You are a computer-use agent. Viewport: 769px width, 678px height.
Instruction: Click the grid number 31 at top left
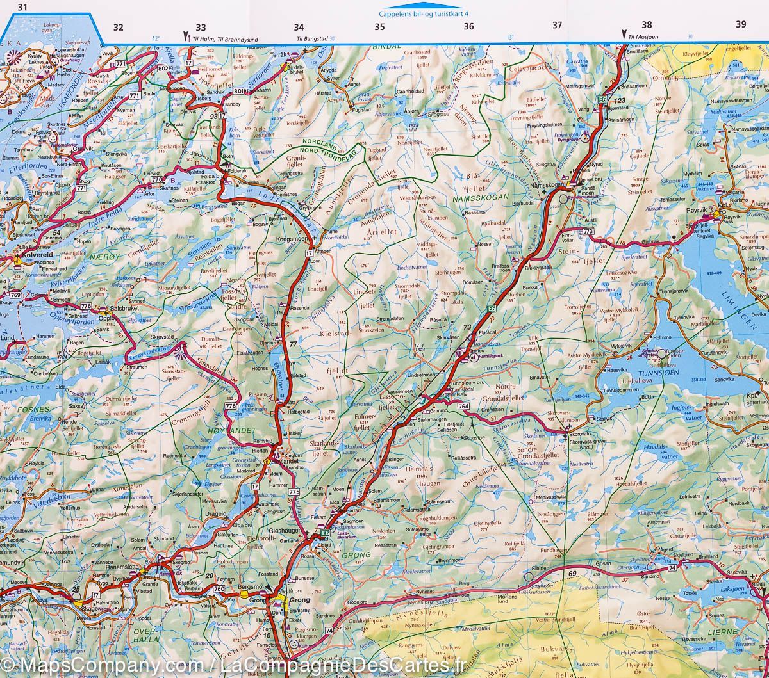point(24,7)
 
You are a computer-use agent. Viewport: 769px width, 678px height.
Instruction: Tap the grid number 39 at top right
point(741,24)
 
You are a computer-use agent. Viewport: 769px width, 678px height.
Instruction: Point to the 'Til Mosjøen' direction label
point(644,38)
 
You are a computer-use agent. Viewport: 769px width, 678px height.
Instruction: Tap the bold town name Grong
point(300,600)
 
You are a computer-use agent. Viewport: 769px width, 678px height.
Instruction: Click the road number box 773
point(588,230)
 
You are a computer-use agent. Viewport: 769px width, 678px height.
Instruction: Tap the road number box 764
point(463,407)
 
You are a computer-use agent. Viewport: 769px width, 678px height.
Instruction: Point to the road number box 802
point(163,68)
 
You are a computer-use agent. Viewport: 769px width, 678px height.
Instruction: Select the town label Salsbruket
point(125,307)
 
